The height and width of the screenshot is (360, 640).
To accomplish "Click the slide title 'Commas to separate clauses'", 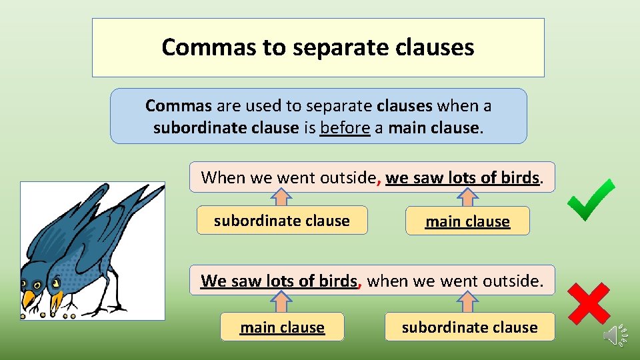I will click(x=318, y=47).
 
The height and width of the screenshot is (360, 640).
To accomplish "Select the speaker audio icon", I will click(x=615, y=335).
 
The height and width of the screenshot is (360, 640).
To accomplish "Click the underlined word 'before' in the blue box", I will click(x=345, y=127).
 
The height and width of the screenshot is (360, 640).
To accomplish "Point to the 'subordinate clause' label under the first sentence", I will click(x=281, y=221).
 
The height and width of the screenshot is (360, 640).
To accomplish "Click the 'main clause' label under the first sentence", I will click(x=467, y=221).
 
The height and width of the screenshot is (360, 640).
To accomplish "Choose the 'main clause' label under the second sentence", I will click(x=282, y=327).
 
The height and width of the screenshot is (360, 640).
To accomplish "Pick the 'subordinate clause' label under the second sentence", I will click(x=469, y=327).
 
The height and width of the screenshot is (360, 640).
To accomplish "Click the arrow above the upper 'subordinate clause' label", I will click(x=283, y=197).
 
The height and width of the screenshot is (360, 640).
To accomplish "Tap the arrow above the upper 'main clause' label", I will click(x=467, y=197).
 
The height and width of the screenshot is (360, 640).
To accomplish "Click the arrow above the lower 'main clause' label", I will click(x=283, y=302).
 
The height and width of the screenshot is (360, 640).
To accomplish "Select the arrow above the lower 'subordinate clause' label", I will click(x=468, y=302).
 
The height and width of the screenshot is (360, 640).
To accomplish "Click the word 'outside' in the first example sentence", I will click(x=348, y=177).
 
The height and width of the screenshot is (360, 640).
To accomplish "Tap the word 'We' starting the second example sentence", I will click(x=213, y=281).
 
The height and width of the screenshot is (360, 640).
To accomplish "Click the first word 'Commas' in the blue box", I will click(x=178, y=105).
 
